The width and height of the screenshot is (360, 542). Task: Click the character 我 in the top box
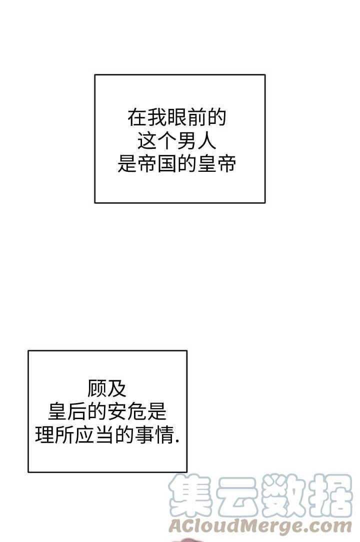(x=157, y=118)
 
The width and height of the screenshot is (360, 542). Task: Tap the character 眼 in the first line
(x=176, y=118)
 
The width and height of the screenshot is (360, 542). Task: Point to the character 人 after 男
(x=206, y=141)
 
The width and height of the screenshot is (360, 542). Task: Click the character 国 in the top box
(x=166, y=164)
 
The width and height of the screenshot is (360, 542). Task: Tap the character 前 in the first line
(x=196, y=118)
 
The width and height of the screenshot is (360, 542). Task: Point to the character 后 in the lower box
(x=77, y=413)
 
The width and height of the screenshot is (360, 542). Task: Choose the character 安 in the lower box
(x=117, y=413)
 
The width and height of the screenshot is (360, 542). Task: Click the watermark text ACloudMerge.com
(x=260, y=526)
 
